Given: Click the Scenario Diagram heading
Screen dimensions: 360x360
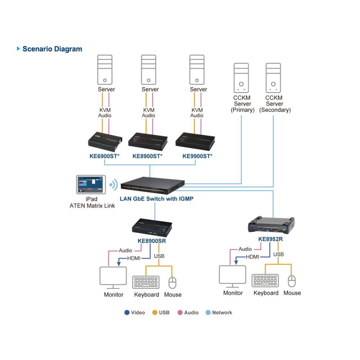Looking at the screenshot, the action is coord(52,49).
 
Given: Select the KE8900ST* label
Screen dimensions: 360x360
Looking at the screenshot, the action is coord(147,156).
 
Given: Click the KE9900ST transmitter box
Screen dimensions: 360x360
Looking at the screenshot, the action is coord(195,141).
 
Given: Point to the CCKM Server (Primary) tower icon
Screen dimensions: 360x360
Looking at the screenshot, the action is coord(241,78).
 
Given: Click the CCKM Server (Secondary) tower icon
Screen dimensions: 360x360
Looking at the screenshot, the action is coord(273,78).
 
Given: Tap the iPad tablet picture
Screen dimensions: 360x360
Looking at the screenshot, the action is coord(91,185).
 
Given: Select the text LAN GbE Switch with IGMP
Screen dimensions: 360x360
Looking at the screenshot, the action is coord(157,199).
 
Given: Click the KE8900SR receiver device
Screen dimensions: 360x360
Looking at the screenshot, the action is coord(152,228).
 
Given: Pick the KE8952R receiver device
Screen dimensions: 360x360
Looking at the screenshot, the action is coord(271,224).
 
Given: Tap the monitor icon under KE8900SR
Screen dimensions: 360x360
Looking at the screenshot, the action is coord(113,278).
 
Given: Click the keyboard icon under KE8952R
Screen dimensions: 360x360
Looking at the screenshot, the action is coord(265,280).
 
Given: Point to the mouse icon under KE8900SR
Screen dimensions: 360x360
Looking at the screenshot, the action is coord(172,283).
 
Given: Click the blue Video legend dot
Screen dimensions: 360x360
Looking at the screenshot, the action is coord(127,312).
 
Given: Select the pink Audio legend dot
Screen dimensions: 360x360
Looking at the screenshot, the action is coord(180,312).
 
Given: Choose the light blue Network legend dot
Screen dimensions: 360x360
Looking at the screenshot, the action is coord(208,312).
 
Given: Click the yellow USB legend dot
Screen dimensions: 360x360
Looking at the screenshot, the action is coord(155,312).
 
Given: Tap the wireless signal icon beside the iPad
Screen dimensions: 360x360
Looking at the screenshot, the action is coord(114,185).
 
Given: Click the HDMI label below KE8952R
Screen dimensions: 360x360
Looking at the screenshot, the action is coord(252,257).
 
